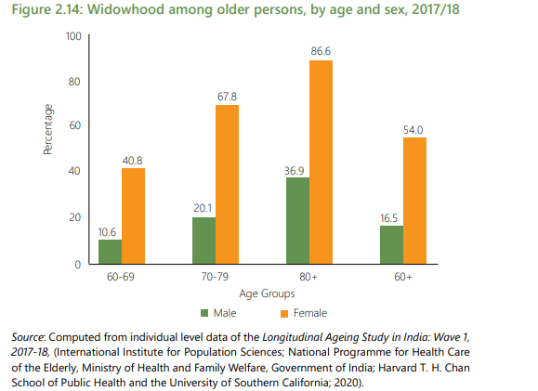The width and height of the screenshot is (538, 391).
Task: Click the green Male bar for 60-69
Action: (x=111, y=252)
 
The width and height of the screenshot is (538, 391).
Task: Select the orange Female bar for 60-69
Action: (x=134, y=216)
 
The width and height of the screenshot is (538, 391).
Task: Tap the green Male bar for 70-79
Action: (x=203, y=241)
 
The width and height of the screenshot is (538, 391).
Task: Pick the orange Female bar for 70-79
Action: (x=228, y=185)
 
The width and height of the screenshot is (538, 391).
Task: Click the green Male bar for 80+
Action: (x=297, y=221)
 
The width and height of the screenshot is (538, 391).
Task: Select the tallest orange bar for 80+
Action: (x=321, y=163)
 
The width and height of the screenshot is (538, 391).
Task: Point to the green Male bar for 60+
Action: (x=391, y=245)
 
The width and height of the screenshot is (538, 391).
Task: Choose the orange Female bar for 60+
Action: (x=415, y=201)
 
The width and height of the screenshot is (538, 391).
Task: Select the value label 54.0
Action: (x=414, y=128)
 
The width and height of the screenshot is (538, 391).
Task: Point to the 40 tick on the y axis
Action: (x=75, y=172)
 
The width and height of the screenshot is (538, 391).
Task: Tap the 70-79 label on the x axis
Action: (x=216, y=278)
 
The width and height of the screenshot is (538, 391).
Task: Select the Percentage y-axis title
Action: (x=47, y=130)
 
